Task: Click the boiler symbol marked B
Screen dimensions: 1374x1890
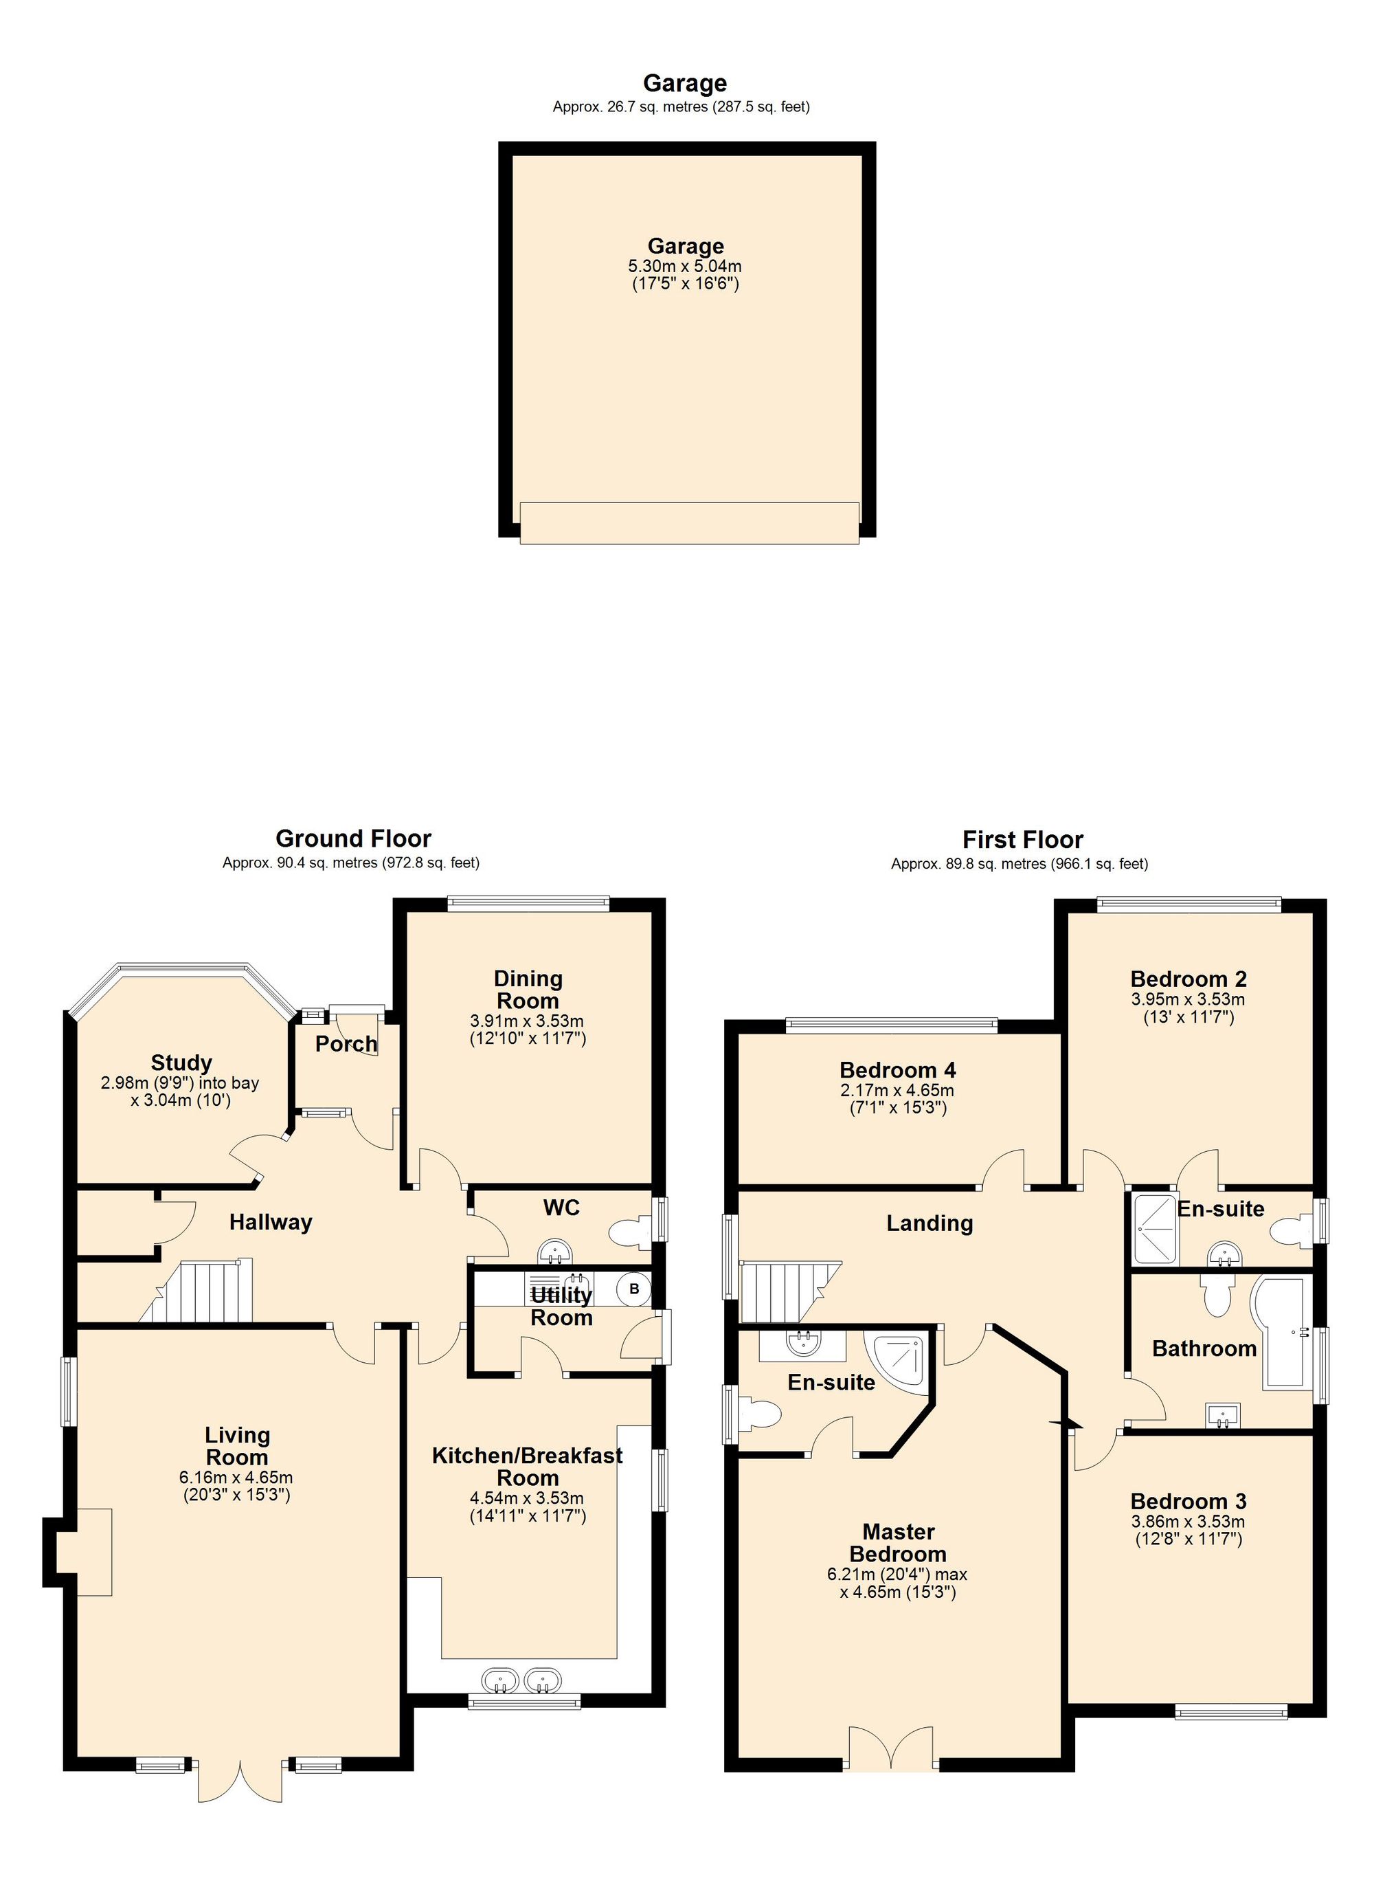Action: pos(633,1289)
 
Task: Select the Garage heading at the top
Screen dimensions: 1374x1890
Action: pos(685,82)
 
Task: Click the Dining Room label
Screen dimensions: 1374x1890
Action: pos(528,989)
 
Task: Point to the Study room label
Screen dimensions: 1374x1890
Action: pos(181,1063)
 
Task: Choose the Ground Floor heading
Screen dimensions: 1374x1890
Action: pos(353,838)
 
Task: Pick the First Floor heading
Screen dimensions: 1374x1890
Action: pos(1022,839)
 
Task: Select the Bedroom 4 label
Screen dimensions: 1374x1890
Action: pos(897,1069)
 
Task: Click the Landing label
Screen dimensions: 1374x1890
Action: pos(929,1223)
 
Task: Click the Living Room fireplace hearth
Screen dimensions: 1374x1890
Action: pos(94,1552)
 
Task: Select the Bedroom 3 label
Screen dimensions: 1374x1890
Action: pos(1189,1501)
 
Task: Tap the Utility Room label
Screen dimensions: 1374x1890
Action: pos(561,1306)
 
